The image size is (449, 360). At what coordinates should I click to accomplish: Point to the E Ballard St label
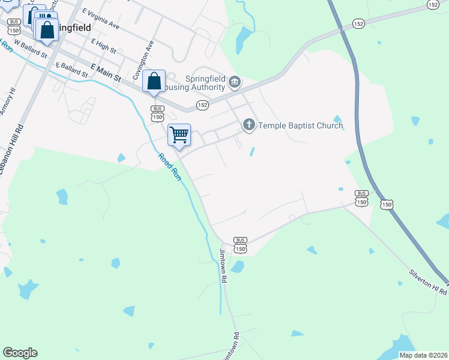point(71,70)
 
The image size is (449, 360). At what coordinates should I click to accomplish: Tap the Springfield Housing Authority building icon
point(235,81)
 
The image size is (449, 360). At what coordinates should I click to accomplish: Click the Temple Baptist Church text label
point(300,125)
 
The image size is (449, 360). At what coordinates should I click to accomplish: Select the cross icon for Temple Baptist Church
point(249,125)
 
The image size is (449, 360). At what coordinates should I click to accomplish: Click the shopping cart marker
point(179,135)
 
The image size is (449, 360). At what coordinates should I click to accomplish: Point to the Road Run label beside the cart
point(170,166)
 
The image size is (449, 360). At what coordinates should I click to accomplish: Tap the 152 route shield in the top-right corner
point(433,4)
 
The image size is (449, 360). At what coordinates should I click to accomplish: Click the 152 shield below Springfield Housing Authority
point(202,105)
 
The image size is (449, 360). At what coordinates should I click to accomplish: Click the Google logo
point(20,353)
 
